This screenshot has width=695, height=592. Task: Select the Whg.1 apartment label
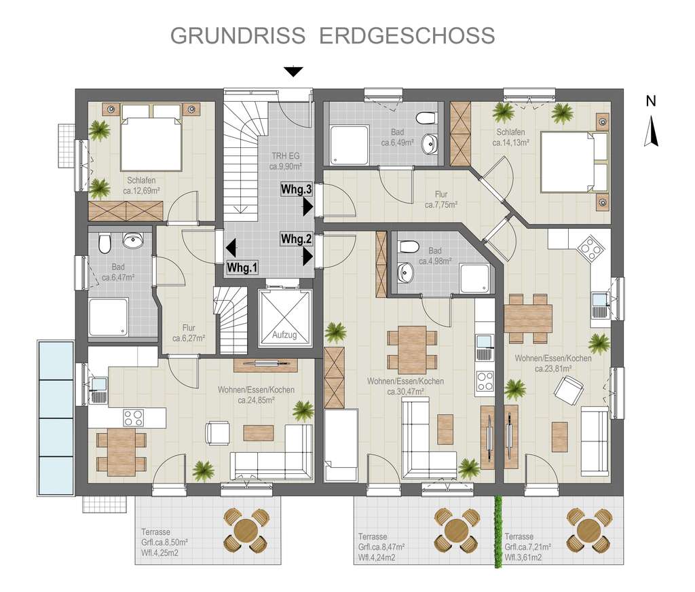click(x=242, y=267)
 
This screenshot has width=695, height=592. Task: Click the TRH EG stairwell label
click(x=285, y=160)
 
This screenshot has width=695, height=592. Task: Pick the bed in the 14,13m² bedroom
click(x=574, y=162)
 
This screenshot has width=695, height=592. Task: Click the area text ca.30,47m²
click(x=406, y=391)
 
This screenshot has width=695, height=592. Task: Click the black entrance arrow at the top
click(x=293, y=71)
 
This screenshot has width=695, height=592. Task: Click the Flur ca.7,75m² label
click(x=441, y=199)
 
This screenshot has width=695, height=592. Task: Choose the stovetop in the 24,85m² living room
click(x=133, y=416)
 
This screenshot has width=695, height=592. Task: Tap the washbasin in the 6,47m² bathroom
click(x=134, y=239)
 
